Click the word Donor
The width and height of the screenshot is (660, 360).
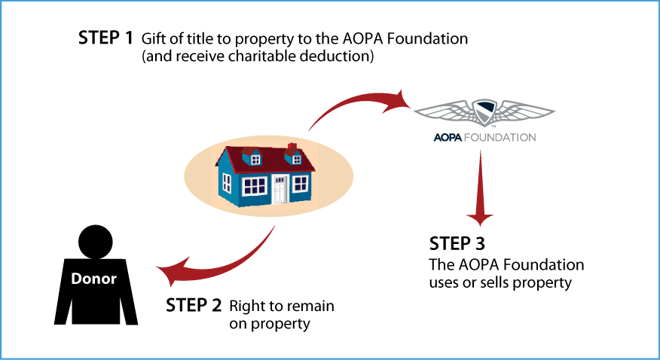click(x=93, y=279)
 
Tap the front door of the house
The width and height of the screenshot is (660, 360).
click(x=280, y=189)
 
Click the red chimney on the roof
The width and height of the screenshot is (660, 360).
click(x=292, y=147)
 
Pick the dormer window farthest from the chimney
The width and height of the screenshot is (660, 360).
click(x=255, y=160)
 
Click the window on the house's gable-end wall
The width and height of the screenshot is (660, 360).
click(x=227, y=182)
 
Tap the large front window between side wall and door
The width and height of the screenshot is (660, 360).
click(x=255, y=185)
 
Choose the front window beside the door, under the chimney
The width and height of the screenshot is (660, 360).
click(x=301, y=183)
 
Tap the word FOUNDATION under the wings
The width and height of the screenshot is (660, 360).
click(x=499, y=138)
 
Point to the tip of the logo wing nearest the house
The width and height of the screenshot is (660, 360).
click(x=416, y=112)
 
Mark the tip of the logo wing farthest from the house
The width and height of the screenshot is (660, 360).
click(x=554, y=112)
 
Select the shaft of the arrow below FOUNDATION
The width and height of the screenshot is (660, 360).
click(x=480, y=181)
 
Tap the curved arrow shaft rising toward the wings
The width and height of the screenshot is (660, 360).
click(x=339, y=105)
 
